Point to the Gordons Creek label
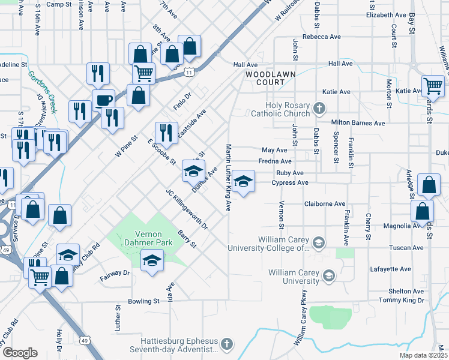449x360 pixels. click(x=41, y=92)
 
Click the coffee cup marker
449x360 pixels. click(x=103, y=100)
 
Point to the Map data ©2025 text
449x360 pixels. click(x=423, y=355)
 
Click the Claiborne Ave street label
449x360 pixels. click(x=325, y=203)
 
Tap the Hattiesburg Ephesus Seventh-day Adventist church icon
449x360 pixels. click(x=226, y=345)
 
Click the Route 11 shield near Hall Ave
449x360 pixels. click(x=188, y=72)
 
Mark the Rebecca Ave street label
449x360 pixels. click(x=322, y=37)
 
